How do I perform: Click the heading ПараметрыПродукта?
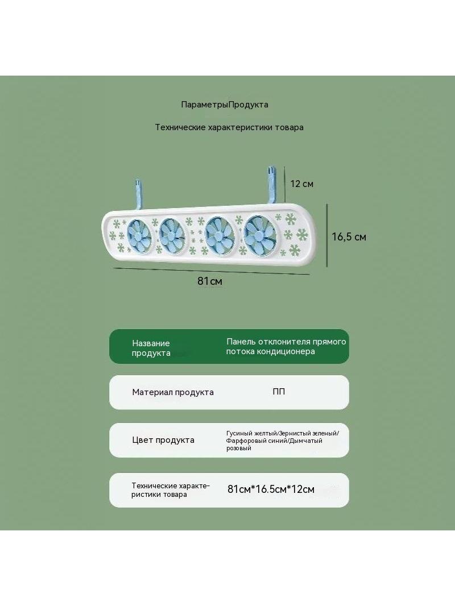225,105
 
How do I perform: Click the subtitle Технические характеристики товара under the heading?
229,127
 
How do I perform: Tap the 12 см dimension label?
302,184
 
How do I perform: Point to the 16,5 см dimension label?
349,237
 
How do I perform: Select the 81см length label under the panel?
209,281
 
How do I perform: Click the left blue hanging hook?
138,196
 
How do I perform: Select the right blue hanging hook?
271,185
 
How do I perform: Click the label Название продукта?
151,348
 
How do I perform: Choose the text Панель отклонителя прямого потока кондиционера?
286,346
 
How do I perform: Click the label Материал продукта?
173,392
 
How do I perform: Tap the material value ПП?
279,392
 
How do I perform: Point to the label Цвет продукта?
163,440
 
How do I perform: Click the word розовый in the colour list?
239,449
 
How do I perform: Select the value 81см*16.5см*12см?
271,489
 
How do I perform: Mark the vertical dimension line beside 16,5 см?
328,235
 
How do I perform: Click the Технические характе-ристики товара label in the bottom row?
171,490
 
